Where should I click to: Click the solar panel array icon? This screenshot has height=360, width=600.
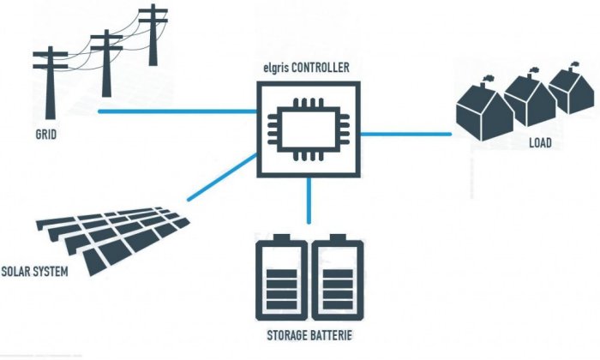111,236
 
